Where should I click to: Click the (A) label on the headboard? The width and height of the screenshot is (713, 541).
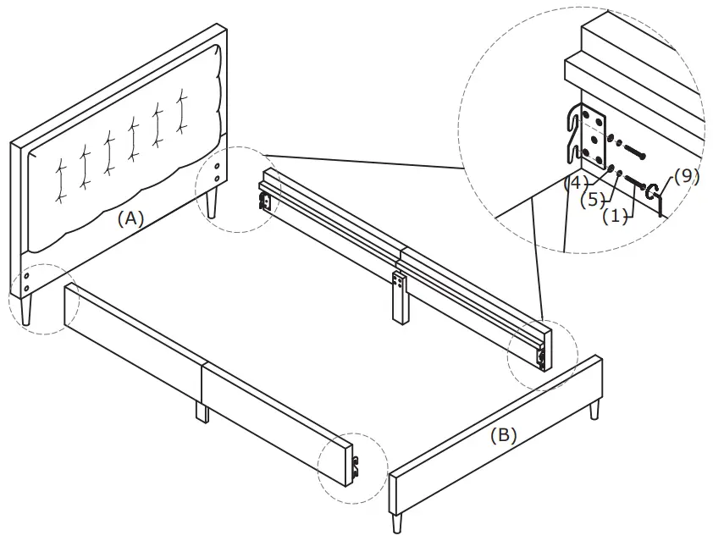[130, 218]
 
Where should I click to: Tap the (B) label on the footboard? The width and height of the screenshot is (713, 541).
[503, 436]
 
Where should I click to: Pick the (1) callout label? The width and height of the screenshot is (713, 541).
[616, 216]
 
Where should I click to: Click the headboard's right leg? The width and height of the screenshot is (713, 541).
[212, 203]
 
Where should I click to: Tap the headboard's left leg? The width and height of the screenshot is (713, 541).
[28, 312]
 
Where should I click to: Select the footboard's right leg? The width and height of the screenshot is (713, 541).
[594, 411]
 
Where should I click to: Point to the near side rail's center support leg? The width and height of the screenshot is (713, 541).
[202, 412]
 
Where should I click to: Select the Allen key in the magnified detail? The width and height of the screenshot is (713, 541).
[656, 196]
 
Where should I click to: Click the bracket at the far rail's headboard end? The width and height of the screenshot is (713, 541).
[265, 201]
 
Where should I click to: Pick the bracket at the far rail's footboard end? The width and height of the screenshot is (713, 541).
[540, 359]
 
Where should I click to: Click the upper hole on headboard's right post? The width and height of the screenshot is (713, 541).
[219, 166]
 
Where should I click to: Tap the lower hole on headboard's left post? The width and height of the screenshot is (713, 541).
[27, 288]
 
